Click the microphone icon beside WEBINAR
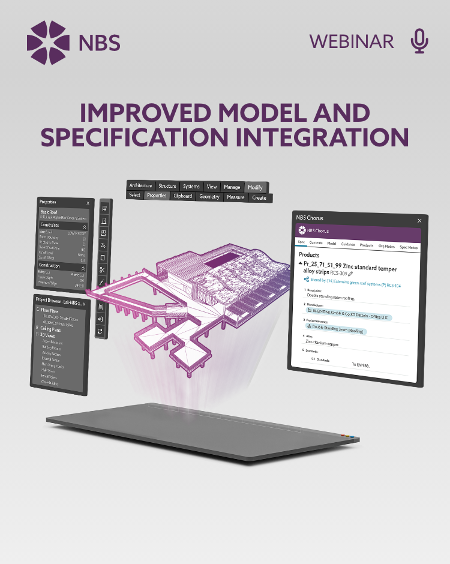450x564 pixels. (x=419, y=41)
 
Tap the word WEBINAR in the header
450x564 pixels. (x=352, y=41)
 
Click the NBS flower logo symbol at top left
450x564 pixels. (x=48, y=41)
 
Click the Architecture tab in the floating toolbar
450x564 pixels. (x=141, y=186)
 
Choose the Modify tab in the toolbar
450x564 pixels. (x=255, y=187)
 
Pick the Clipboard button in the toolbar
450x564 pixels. (x=183, y=196)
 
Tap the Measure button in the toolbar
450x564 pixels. (x=236, y=197)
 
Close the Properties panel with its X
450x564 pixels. (x=88, y=203)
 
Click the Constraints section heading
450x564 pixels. (x=50, y=225)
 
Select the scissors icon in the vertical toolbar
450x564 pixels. (x=103, y=270)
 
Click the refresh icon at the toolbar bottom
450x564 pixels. (x=100, y=331)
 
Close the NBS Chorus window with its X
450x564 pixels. (x=419, y=220)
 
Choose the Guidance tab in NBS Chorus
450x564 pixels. (x=348, y=245)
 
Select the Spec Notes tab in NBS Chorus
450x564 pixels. (x=409, y=247)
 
